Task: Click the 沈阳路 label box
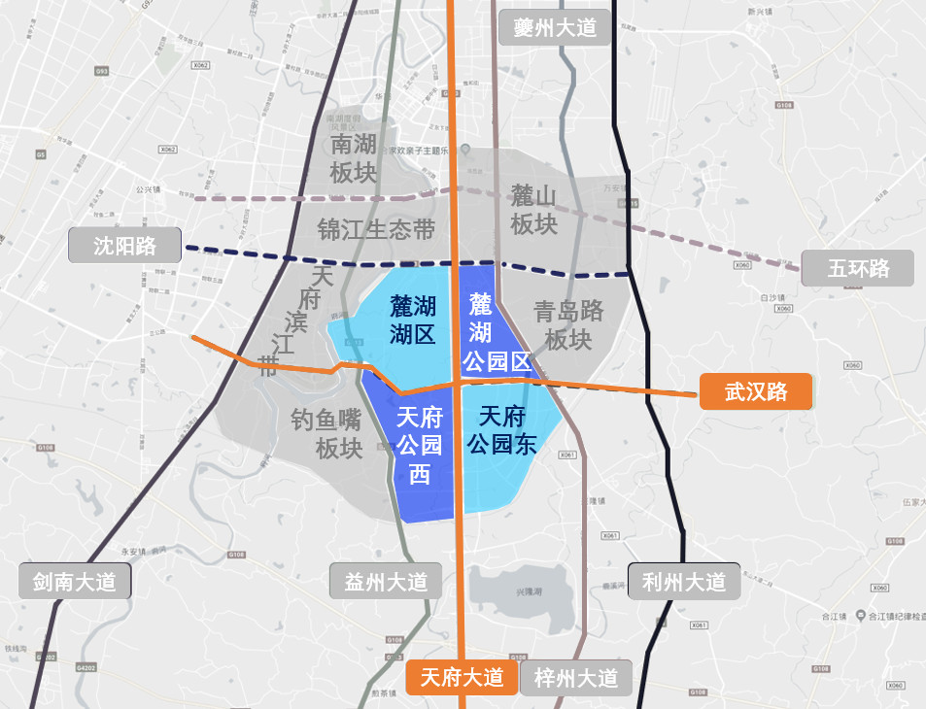coord(125,245)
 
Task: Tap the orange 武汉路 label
coord(755,392)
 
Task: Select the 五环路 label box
coord(858,268)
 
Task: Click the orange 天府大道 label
coord(462,677)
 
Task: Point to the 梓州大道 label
coord(575,677)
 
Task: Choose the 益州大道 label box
coord(386,582)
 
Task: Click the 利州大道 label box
coord(684,582)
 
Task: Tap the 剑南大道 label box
coord(74,582)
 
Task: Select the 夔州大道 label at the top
coord(554,27)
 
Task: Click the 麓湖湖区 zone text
coord(412,321)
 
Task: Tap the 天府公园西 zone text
coord(420,446)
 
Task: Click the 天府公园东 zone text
coord(502,430)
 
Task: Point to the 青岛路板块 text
coord(568,325)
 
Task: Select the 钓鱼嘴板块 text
coord(326,434)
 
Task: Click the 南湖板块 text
coord(353,159)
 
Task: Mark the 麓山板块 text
coord(533,210)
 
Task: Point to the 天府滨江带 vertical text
coord(296,321)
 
